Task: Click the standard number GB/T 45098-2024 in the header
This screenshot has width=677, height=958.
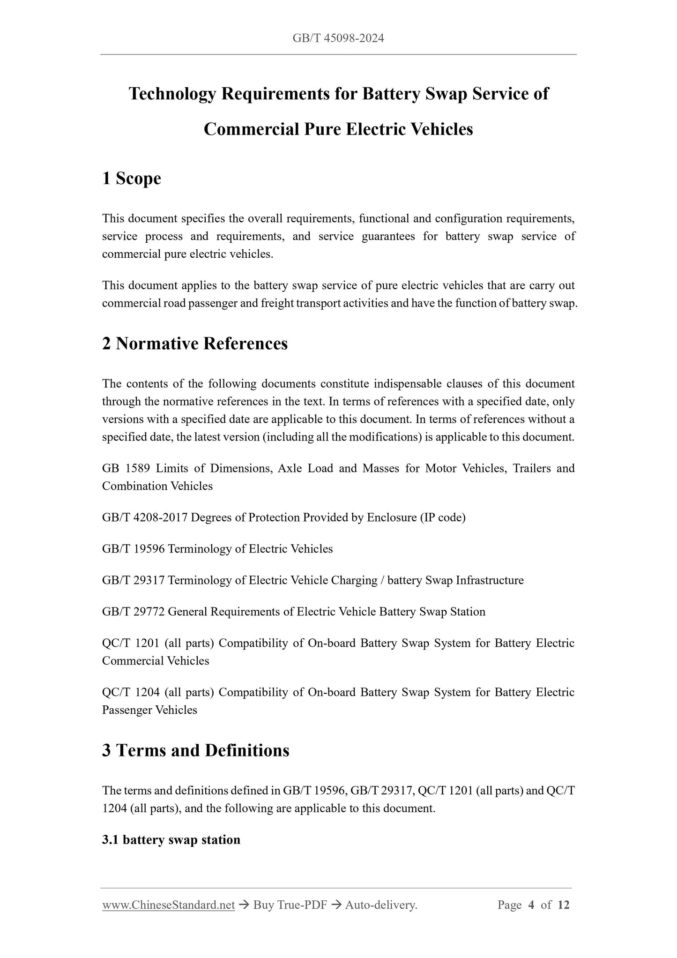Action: pos(338,38)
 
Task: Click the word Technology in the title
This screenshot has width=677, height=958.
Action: pos(172,94)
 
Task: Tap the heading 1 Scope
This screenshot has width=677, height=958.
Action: pos(132,179)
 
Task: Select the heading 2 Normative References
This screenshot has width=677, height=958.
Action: pos(195,344)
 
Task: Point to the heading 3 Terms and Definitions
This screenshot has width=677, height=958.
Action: pos(196,750)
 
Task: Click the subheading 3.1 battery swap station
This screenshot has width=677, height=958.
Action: pos(171,839)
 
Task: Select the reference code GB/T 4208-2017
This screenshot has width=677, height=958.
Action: pos(145,517)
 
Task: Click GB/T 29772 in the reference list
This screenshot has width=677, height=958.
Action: pos(133,612)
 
